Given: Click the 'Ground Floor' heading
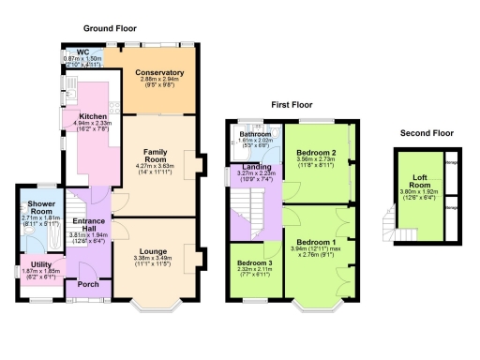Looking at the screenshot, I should pos(110,29).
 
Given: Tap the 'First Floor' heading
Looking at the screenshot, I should pos(293,105).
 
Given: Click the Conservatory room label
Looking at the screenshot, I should pos(158,72).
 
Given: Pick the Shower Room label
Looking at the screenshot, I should pos(40,207).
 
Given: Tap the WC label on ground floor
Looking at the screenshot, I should pos(82,52).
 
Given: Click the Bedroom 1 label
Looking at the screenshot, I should pos(317,243).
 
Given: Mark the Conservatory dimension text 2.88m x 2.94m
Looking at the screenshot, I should pos(158,80).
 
